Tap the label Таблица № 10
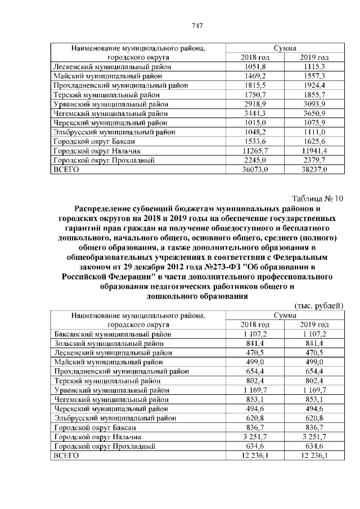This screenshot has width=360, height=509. point(317,198)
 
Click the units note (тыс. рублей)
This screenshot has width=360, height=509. point(319,305)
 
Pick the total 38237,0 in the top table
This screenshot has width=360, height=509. point(314,168)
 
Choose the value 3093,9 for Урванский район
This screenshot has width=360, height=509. point(314,105)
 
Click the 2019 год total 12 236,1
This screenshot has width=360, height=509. point(314,454)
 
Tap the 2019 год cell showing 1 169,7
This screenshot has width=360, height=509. point(314,389)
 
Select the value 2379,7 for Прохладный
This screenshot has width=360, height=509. point(314,160)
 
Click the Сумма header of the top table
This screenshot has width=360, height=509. point(285,48)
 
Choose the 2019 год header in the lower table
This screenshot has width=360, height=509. point(314,325)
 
